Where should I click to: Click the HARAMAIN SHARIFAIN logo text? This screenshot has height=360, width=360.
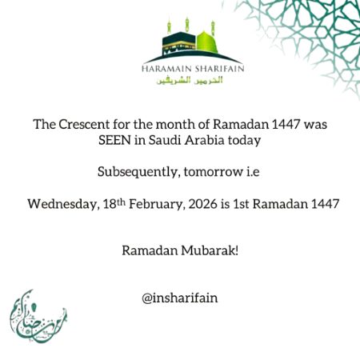[192, 69]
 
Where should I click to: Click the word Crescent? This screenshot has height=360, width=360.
[82, 126]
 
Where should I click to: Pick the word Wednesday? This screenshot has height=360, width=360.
[62, 203]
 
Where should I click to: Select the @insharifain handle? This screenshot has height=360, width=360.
[180, 298]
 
